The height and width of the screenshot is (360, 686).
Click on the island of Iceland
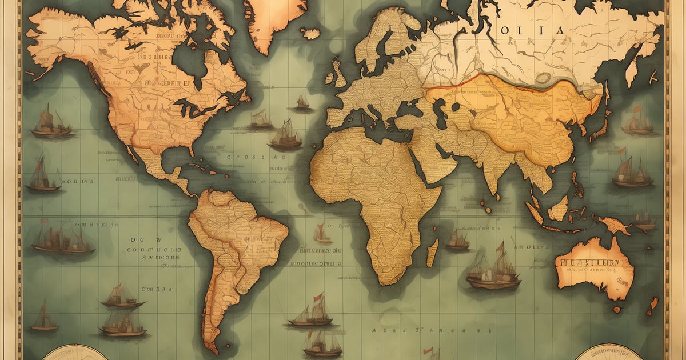point(311,34)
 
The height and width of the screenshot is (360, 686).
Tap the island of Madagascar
point(433,252)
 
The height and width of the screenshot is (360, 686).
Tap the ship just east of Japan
point(637,122)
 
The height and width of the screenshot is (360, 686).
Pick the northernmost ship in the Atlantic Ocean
point(302,103)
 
